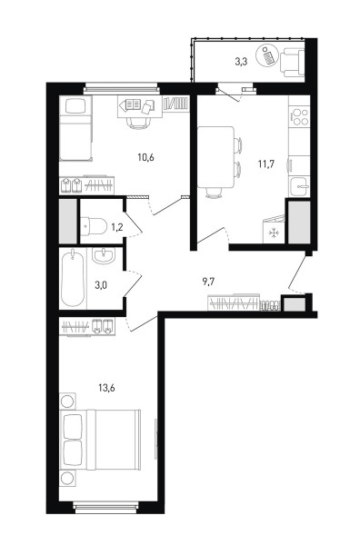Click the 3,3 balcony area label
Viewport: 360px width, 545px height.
coord(241,62)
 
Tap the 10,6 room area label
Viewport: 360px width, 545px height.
coord(146,157)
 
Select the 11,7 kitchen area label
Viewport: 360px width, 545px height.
coord(266,163)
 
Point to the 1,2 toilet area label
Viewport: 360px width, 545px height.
coord(116,227)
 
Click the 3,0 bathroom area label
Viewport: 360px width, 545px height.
coord(101,285)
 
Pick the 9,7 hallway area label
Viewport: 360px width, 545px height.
coord(208,282)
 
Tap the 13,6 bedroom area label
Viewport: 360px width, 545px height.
coord(106,388)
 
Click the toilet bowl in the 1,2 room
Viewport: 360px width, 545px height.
coord(94,226)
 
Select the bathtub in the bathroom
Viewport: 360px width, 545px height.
coord(73,278)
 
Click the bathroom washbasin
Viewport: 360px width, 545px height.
coord(104,256)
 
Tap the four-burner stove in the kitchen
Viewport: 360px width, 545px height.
coord(299,117)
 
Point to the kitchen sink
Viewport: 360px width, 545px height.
coord(299,186)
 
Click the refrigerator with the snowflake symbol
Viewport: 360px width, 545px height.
coord(274,230)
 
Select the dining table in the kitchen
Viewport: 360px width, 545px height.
coord(215,157)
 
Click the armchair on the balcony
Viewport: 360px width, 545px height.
coord(293,62)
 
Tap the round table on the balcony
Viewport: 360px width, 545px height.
coord(268,56)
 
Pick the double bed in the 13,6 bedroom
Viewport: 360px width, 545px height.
coord(100,440)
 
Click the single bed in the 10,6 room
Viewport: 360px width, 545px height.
coord(75,129)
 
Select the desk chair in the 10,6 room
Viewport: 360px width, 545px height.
coord(139,122)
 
